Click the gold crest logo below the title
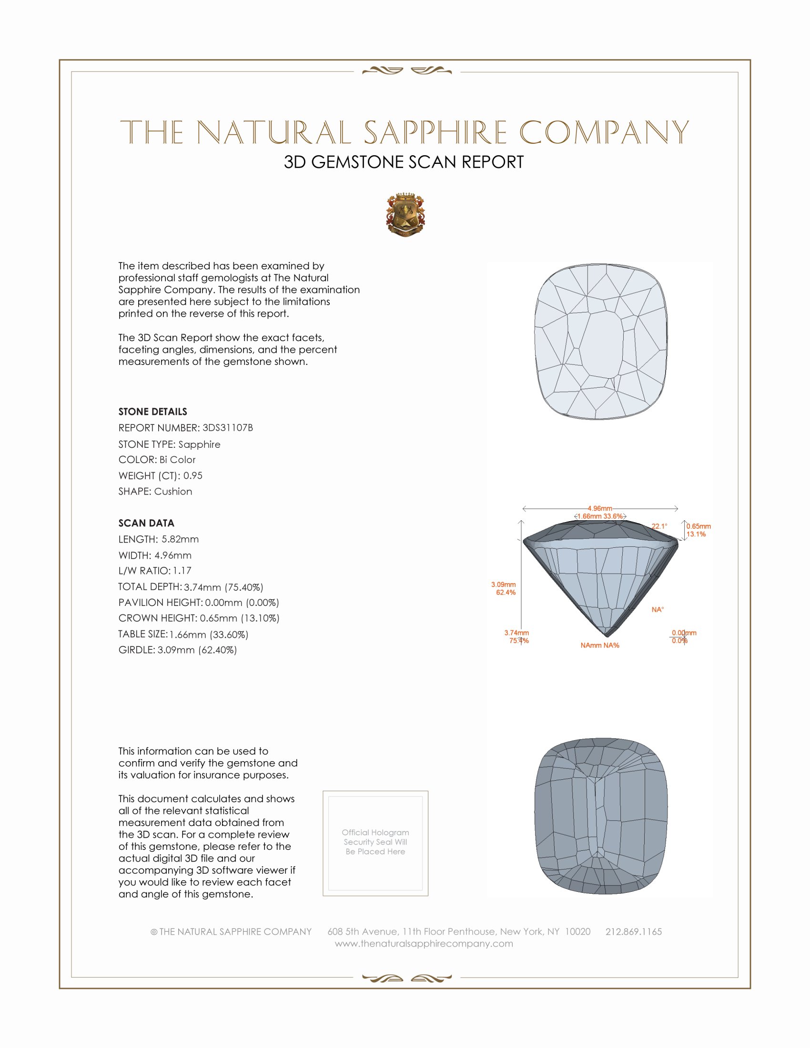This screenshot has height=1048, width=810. pos(405,214)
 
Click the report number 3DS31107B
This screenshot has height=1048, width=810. pos(227,428)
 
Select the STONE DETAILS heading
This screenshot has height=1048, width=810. pos(152,412)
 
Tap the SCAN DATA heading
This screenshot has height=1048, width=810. pos(146,523)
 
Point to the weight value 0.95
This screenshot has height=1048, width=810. pos(193,475)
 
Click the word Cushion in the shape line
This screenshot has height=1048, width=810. pos(173,492)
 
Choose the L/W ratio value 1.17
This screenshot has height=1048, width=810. pos(182,571)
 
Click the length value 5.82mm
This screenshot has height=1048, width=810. pos(180,539)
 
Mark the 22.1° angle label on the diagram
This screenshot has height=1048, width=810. pos(659,526)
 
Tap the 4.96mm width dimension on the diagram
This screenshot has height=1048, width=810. pos(600,508)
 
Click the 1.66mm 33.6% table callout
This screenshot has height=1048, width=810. pos(600,516)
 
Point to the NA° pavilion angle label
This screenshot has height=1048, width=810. pos(658,609)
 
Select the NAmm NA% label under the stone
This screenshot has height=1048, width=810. pos(600,645)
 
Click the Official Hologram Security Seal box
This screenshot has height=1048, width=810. pos(375,843)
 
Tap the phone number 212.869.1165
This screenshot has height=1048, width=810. pos(633,931)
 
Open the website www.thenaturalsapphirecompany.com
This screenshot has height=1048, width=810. pos(424,943)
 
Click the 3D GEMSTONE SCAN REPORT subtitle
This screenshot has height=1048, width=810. pos(404,162)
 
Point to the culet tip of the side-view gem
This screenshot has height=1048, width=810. pos(607,636)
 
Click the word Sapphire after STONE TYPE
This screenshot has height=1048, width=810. pos(199,444)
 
